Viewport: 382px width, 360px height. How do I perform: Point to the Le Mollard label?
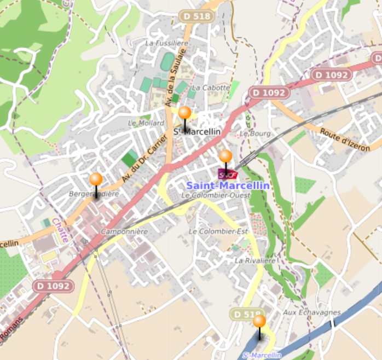(146, 123)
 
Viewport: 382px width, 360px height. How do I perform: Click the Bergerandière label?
(94, 194)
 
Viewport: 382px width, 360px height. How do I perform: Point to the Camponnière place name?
(124, 232)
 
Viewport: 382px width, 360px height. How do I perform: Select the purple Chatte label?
(60, 230)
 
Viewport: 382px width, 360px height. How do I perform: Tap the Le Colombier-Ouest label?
(215, 195)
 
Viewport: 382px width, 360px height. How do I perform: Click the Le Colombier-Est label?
(218, 231)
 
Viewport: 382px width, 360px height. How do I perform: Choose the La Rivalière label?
(254, 261)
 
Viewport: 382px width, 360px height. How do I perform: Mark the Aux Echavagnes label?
(311, 312)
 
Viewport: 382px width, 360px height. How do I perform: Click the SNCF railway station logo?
(228, 174)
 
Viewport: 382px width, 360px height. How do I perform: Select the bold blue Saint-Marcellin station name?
(228, 185)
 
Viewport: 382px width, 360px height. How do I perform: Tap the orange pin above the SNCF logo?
(225, 156)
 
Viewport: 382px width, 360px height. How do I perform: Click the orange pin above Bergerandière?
(96, 179)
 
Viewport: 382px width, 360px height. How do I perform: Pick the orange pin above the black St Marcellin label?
(185, 113)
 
